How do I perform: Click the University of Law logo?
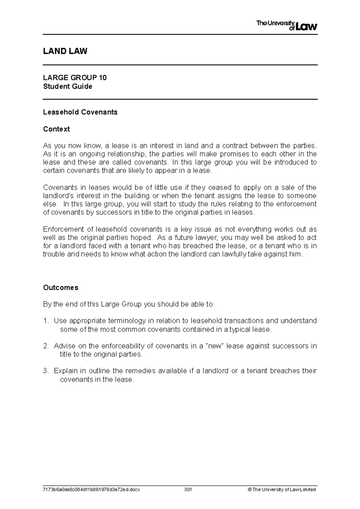[286, 26]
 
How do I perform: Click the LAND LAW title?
[65, 51]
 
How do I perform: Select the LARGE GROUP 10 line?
[75, 78]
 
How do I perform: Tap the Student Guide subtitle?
[67, 87]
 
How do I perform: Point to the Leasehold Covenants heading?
[80, 112]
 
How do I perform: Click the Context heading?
[56, 129]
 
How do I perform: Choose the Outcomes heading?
[61, 287]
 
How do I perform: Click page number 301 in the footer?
[188, 490]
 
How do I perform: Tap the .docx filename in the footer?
[91, 490]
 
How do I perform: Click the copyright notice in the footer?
[281, 490]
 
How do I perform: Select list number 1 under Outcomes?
[46, 321]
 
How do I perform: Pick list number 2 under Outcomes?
[46, 346]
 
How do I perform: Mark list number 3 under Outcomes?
[46, 371]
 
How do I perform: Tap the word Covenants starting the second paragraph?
[60, 188]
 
